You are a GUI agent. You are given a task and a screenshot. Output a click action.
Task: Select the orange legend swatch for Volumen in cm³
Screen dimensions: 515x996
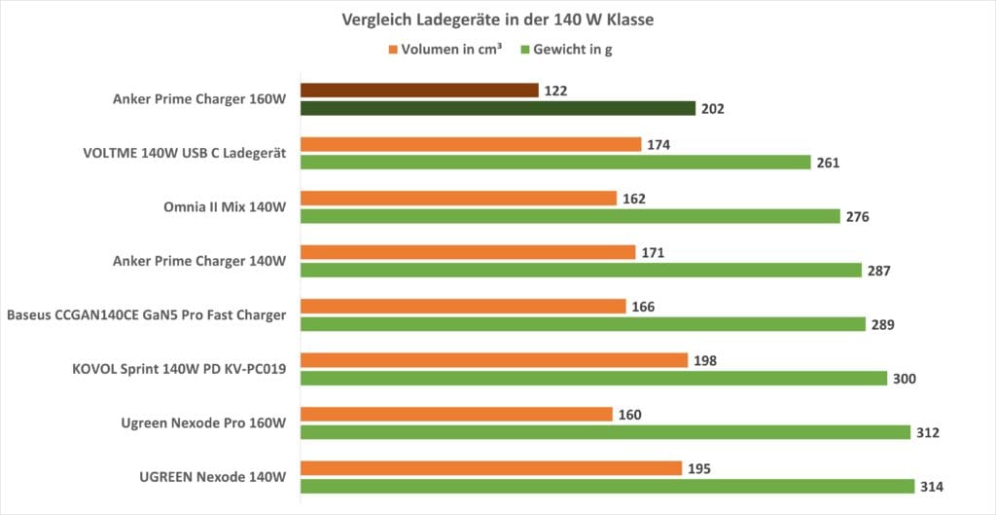coord(393,49)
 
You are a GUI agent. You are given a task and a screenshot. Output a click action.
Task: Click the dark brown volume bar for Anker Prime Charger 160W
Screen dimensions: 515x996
coord(419,91)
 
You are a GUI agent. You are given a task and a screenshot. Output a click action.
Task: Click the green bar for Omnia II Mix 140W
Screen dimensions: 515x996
coord(570,216)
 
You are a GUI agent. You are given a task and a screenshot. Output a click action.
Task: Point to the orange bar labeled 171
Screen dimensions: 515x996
coord(468,252)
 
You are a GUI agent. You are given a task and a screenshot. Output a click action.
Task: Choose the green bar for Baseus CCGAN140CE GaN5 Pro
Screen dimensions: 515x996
coord(583,324)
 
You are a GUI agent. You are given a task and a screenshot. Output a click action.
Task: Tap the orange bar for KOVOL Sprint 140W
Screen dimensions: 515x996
coord(494,360)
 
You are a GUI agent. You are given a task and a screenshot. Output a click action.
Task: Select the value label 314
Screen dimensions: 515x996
coord(933,486)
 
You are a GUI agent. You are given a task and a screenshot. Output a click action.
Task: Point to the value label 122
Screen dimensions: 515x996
coord(556,91)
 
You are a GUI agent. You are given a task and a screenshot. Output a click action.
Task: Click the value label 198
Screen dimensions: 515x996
coord(706,360)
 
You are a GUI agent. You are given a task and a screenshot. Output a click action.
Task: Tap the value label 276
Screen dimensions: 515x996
coord(858,216)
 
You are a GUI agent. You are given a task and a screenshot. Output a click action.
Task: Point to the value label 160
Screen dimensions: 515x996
coord(630,414)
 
